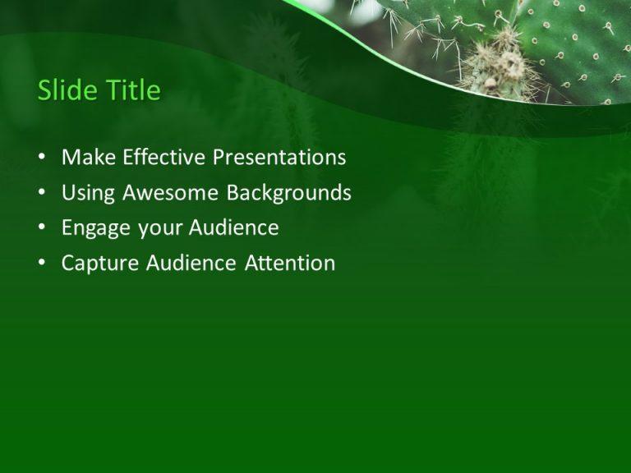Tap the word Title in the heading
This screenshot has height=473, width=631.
click(x=131, y=90)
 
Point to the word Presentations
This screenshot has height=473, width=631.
click(x=279, y=157)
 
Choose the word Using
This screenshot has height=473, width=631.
click(x=89, y=193)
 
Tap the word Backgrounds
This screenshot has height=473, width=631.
click(x=289, y=193)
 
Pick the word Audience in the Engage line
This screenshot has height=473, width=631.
click(x=233, y=228)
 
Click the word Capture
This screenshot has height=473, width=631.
click(x=100, y=264)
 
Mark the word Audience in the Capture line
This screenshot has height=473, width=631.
click(x=191, y=264)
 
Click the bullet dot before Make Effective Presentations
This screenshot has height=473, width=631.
click(x=42, y=158)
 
